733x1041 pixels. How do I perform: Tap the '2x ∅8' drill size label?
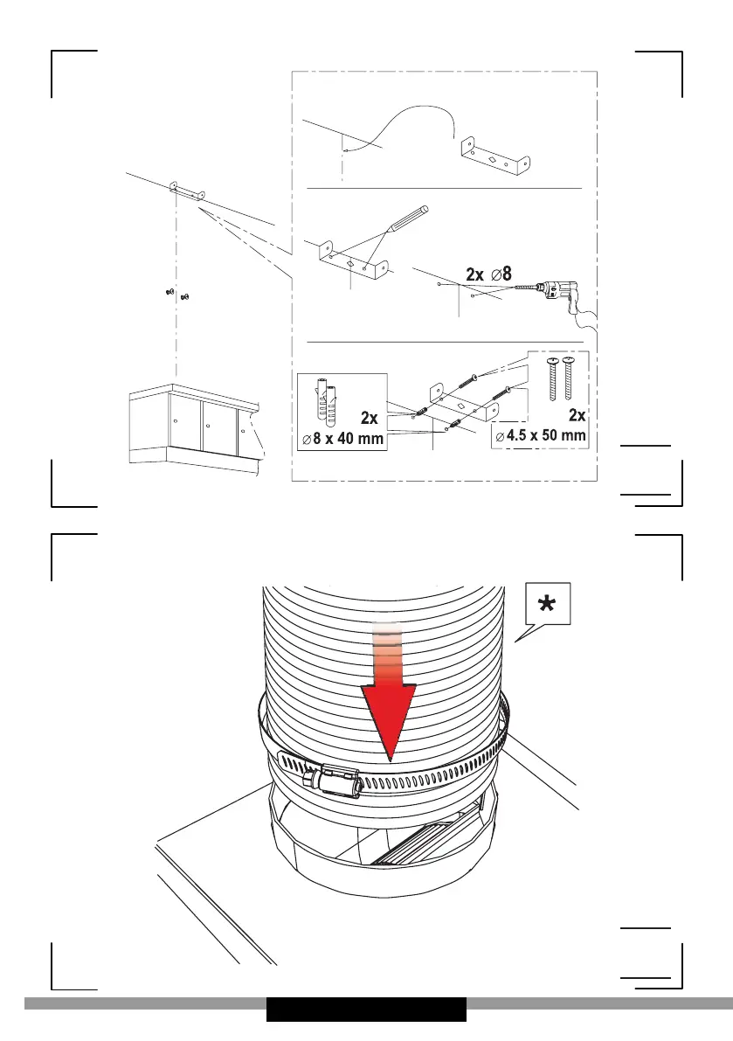click(x=489, y=274)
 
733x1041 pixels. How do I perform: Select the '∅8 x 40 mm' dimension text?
click(x=343, y=439)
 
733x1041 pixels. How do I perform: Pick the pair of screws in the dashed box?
click(x=558, y=378)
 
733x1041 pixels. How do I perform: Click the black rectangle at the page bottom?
click(x=366, y=1010)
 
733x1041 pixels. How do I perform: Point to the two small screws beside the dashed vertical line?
click(x=177, y=293)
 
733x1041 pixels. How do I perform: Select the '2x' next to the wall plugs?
click(x=369, y=418)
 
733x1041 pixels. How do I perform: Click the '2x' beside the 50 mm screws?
click(x=577, y=415)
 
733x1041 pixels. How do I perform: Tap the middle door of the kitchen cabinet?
click(x=218, y=427)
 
